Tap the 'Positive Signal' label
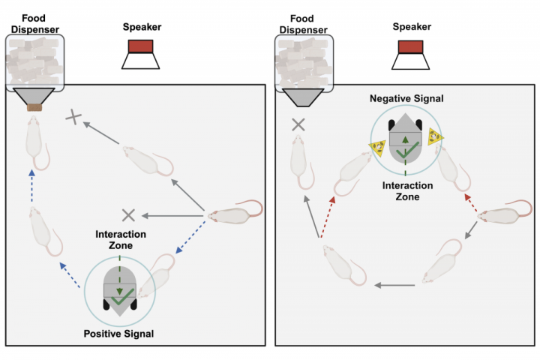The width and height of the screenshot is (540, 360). click(x=120, y=333)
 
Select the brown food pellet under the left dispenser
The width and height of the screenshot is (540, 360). click(x=34, y=108)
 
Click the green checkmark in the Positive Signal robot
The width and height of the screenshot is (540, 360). click(x=119, y=300)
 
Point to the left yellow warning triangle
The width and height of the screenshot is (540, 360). click(x=378, y=145)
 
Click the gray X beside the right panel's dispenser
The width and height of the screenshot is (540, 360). click(x=298, y=124)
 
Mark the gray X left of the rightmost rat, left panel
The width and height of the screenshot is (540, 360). click(x=127, y=215)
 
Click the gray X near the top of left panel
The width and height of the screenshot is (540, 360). click(x=73, y=116)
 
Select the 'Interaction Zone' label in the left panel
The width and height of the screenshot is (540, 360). click(x=120, y=240)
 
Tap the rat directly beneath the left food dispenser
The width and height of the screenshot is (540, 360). click(x=34, y=142)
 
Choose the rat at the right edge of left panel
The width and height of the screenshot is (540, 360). click(x=234, y=214)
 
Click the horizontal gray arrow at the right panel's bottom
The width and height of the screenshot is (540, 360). click(x=396, y=285)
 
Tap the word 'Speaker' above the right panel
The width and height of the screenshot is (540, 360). click(x=412, y=27)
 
